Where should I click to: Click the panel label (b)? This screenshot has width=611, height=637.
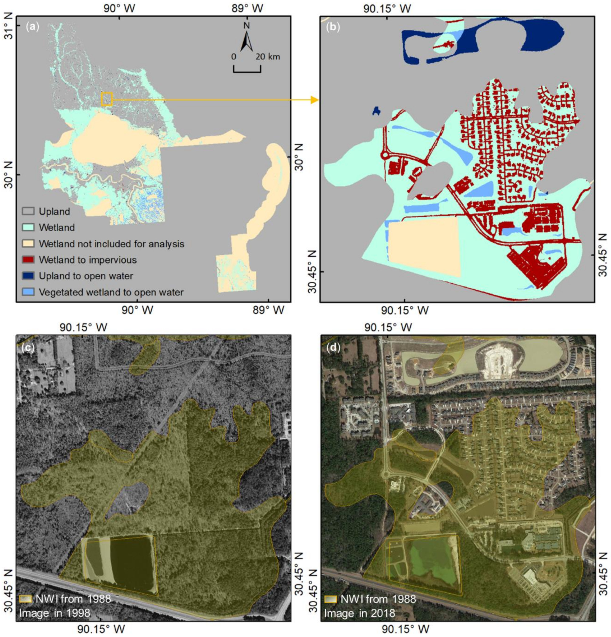coord(333,27)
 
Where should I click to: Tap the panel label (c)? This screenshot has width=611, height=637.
coord(28,348)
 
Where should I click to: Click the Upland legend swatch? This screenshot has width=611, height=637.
coord(28,211)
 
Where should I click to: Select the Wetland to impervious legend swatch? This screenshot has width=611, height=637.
coord(28,260)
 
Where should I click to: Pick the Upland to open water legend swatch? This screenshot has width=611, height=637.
coord(28,276)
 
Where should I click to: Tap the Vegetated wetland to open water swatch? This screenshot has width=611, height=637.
coord(28,292)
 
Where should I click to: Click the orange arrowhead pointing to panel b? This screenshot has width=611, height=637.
coord(314,100)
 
